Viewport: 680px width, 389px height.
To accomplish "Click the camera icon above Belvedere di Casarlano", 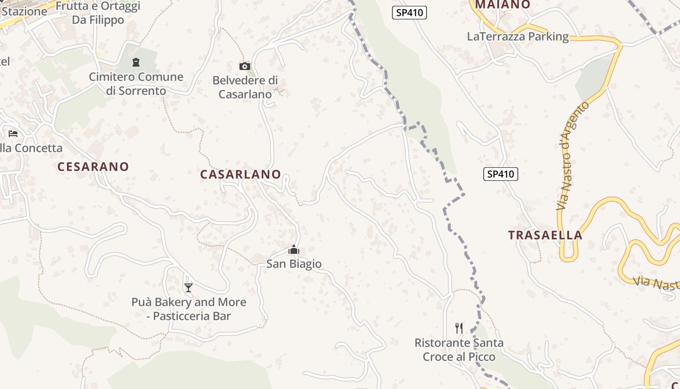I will click(245, 66).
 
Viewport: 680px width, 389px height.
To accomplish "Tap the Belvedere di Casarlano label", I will click(245, 87).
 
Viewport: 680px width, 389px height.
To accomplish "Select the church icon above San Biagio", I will click(294, 250).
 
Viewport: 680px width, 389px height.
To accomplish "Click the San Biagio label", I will click(294, 264).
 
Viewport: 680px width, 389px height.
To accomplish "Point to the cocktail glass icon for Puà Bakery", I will click(188, 288).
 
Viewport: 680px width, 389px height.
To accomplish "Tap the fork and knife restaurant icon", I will click(459, 328).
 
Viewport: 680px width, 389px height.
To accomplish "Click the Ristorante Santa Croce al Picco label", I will click(459, 350).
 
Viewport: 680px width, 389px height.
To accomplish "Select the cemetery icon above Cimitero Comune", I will click(136, 62).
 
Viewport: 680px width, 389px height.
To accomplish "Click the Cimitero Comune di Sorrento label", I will click(136, 84).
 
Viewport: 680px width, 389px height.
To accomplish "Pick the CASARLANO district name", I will click(240, 174).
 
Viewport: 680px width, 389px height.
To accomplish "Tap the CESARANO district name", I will click(93, 167).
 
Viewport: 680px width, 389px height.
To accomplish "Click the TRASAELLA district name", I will click(545, 235).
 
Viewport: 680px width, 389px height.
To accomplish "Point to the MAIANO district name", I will click(502, 5).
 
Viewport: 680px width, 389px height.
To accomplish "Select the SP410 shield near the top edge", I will click(409, 13).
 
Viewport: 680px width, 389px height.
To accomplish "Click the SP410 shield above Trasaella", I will click(500, 174).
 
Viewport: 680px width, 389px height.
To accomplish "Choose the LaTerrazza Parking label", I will click(518, 36).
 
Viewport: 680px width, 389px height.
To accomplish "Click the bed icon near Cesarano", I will click(13, 134).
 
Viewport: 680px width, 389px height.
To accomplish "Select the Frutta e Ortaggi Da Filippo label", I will click(98, 13).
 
